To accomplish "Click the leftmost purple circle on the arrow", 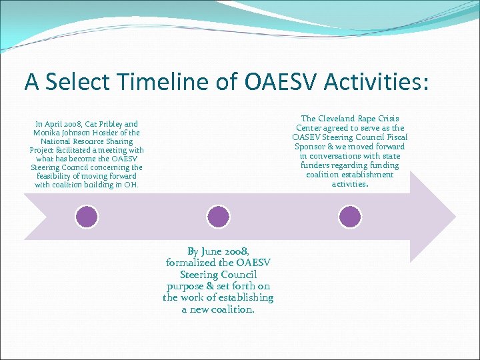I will coord(87,216).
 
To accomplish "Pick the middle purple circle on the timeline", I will coord(218,216).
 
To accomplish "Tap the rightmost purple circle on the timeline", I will coord(350,216).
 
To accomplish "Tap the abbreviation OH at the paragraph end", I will coord(131,185).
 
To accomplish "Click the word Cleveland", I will coord(339,119).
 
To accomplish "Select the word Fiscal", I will coord(393,137).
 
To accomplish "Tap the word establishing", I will coord(248,297).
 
